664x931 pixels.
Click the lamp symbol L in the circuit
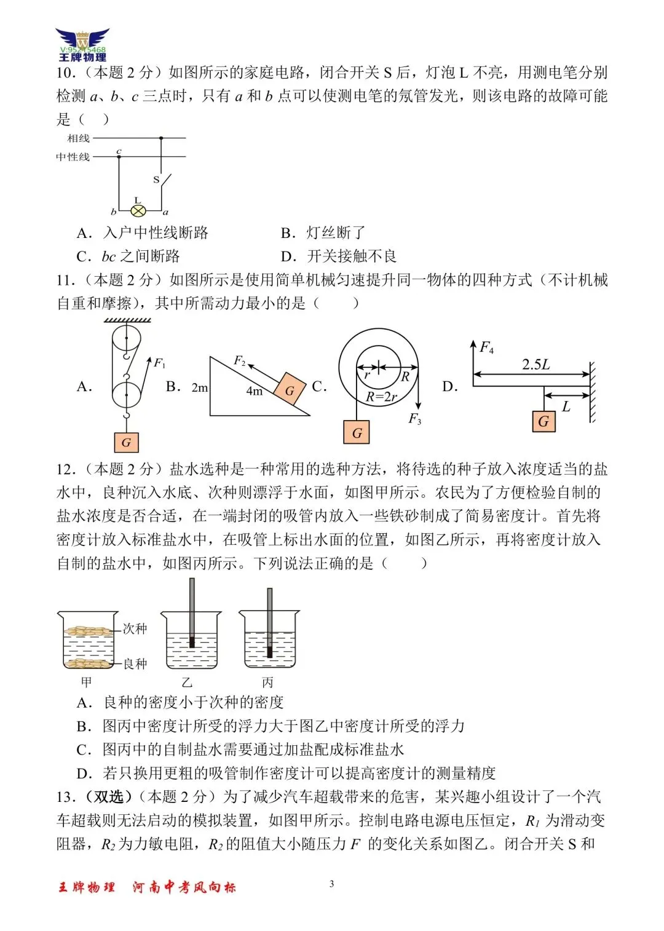coord(139,211)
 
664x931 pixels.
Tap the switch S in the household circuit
coord(162,180)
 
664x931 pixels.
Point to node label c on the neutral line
coord(119,151)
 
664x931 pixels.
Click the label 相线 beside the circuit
coord(79,138)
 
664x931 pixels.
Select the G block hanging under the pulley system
coord(126,442)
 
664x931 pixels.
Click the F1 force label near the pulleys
coord(159,363)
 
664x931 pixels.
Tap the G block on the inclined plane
coord(289,389)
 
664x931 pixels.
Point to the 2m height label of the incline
coord(200,388)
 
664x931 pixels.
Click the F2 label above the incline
coord(239,361)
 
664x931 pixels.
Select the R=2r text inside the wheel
coord(381,397)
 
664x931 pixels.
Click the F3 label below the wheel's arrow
coord(415,419)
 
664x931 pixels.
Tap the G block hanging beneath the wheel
coord(357,432)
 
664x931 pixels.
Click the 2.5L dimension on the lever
coord(536,365)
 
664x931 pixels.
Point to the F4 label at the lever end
coord(486,347)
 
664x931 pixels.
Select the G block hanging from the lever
coord(543,422)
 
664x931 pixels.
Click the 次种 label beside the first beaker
coord(135,628)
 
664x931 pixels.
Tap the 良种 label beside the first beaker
coord(135,664)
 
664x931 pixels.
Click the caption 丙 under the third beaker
coord(267,683)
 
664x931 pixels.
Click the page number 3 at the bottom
coord(332,884)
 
